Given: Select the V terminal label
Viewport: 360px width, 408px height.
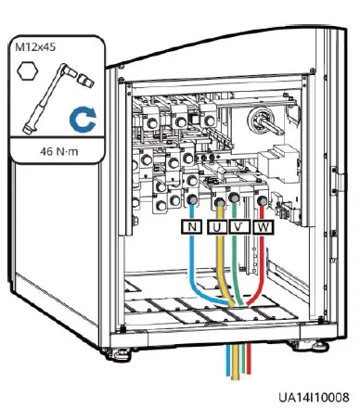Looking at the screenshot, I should tap(240, 226).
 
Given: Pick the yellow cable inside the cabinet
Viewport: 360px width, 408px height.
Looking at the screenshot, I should tap(219, 269).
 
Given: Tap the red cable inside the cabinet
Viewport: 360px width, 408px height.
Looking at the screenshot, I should tap(264, 269).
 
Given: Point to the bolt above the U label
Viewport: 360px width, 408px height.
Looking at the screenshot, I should tap(220, 199).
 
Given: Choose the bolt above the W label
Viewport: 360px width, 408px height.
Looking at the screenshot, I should tap(264, 198).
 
